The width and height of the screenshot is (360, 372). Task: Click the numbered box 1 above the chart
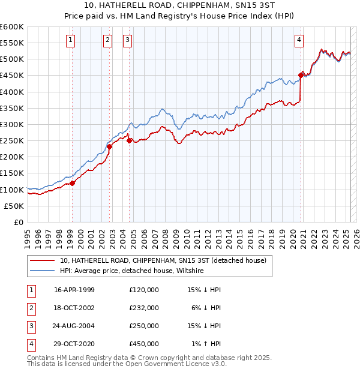tap(71, 40)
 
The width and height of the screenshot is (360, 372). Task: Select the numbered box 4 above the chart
tap(299, 40)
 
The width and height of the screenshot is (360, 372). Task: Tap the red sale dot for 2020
tap(301, 76)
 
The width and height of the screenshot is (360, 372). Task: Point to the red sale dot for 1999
tap(72, 183)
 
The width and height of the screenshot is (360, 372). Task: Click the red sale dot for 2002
tap(110, 146)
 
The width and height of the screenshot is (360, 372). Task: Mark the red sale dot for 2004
tap(130, 140)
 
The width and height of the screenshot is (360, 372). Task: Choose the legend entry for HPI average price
tap(131, 271)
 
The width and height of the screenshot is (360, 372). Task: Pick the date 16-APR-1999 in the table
tap(74, 290)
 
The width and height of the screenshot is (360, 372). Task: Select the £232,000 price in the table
tap(144, 308)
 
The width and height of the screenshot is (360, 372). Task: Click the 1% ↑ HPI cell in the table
tap(207, 344)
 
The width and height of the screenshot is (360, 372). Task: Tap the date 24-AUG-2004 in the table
tap(74, 326)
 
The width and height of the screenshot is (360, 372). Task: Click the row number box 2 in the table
tap(31, 308)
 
